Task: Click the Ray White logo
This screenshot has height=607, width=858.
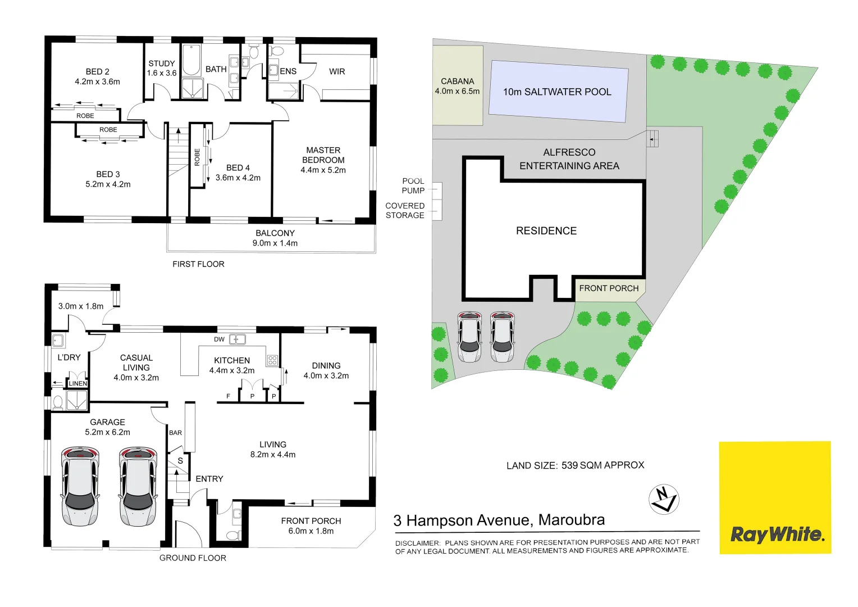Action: click(776, 534)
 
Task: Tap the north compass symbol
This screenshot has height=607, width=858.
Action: click(664, 499)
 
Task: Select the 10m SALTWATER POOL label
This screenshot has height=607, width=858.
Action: click(556, 92)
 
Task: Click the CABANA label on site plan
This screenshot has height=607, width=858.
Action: click(457, 81)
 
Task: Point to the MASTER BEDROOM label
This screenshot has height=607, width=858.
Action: click(323, 155)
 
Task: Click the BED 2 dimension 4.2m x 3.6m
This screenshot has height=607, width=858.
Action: click(97, 81)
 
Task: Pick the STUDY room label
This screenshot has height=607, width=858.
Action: click(162, 64)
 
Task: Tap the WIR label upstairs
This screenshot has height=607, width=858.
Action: click(337, 71)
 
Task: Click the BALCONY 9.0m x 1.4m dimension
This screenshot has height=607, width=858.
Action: click(275, 243)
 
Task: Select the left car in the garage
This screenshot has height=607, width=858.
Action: click(80, 486)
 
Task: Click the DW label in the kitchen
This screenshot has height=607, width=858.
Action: click(219, 339)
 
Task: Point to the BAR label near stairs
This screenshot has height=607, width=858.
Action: click(175, 433)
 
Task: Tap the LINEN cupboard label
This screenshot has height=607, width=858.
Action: click(78, 384)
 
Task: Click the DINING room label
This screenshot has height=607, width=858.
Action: click(326, 365)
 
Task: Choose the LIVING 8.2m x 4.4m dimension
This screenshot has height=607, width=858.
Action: click(272, 455)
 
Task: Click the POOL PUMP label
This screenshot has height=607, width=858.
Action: click(413, 185)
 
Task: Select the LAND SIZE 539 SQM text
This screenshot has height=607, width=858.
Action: click(575, 465)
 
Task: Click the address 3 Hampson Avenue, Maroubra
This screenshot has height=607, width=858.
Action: click(499, 520)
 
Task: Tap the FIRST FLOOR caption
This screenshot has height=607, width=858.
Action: click(198, 264)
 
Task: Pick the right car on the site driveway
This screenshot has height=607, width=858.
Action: click(501, 337)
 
